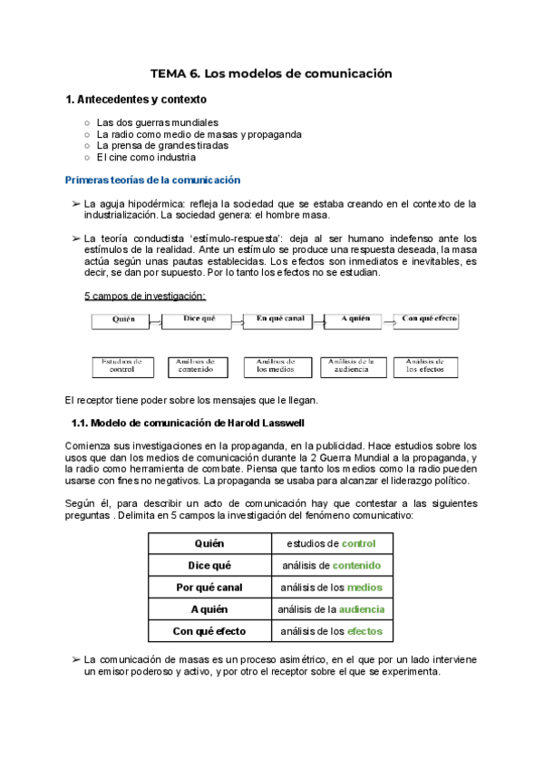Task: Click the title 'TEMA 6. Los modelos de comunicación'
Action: coord(271,73)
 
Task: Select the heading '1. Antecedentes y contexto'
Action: coord(136,99)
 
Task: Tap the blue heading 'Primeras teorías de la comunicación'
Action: coord(153,180)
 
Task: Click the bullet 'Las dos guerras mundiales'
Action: coord(157,122)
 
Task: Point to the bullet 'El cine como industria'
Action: coord(146,157)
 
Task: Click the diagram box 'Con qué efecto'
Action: coord(427,319)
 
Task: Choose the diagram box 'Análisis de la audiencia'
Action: coord(351,365)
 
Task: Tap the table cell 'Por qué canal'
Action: coord(209,587)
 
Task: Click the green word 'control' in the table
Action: coord(359,543)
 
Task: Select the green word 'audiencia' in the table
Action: coord(362,608)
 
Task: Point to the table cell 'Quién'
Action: coord(209,543)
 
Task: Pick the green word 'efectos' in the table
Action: coord(364,630)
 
